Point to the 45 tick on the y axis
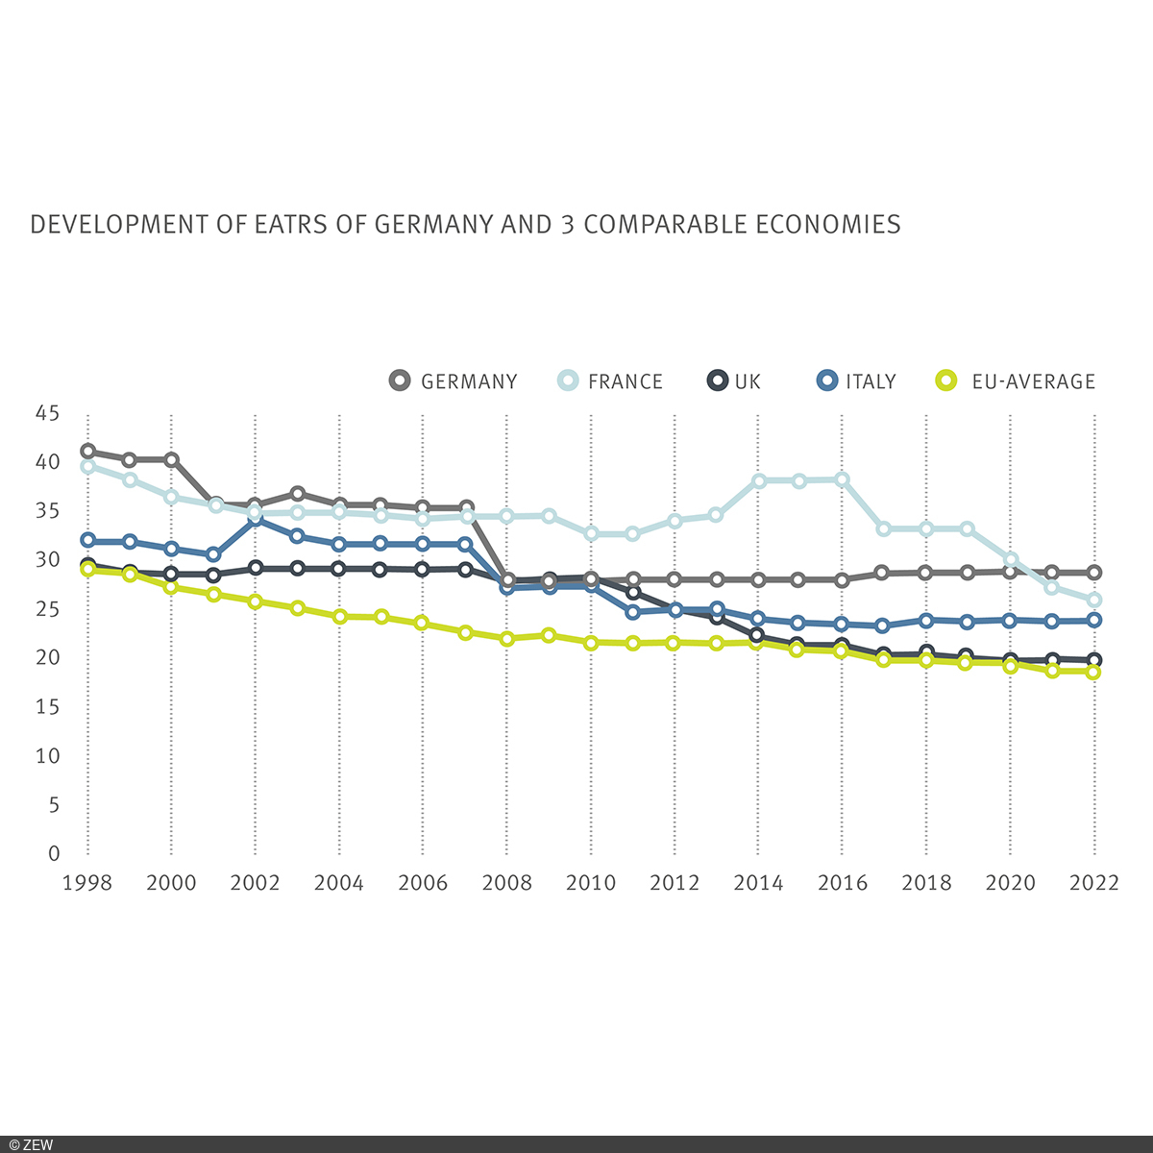coord(47,413)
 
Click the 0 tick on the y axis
coord(54,853)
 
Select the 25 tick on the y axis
coord(47,609)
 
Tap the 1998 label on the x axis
coord(86,883)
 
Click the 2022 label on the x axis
coord(1094,883)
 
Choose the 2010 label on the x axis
coord(591,883)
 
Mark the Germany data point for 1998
coord(87,451)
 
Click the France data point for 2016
coord(843,479)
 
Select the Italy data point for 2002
coord(256,519)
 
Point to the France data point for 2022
coord(1094,600)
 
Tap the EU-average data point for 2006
coord(423,623)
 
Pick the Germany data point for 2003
coord(298,494)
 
